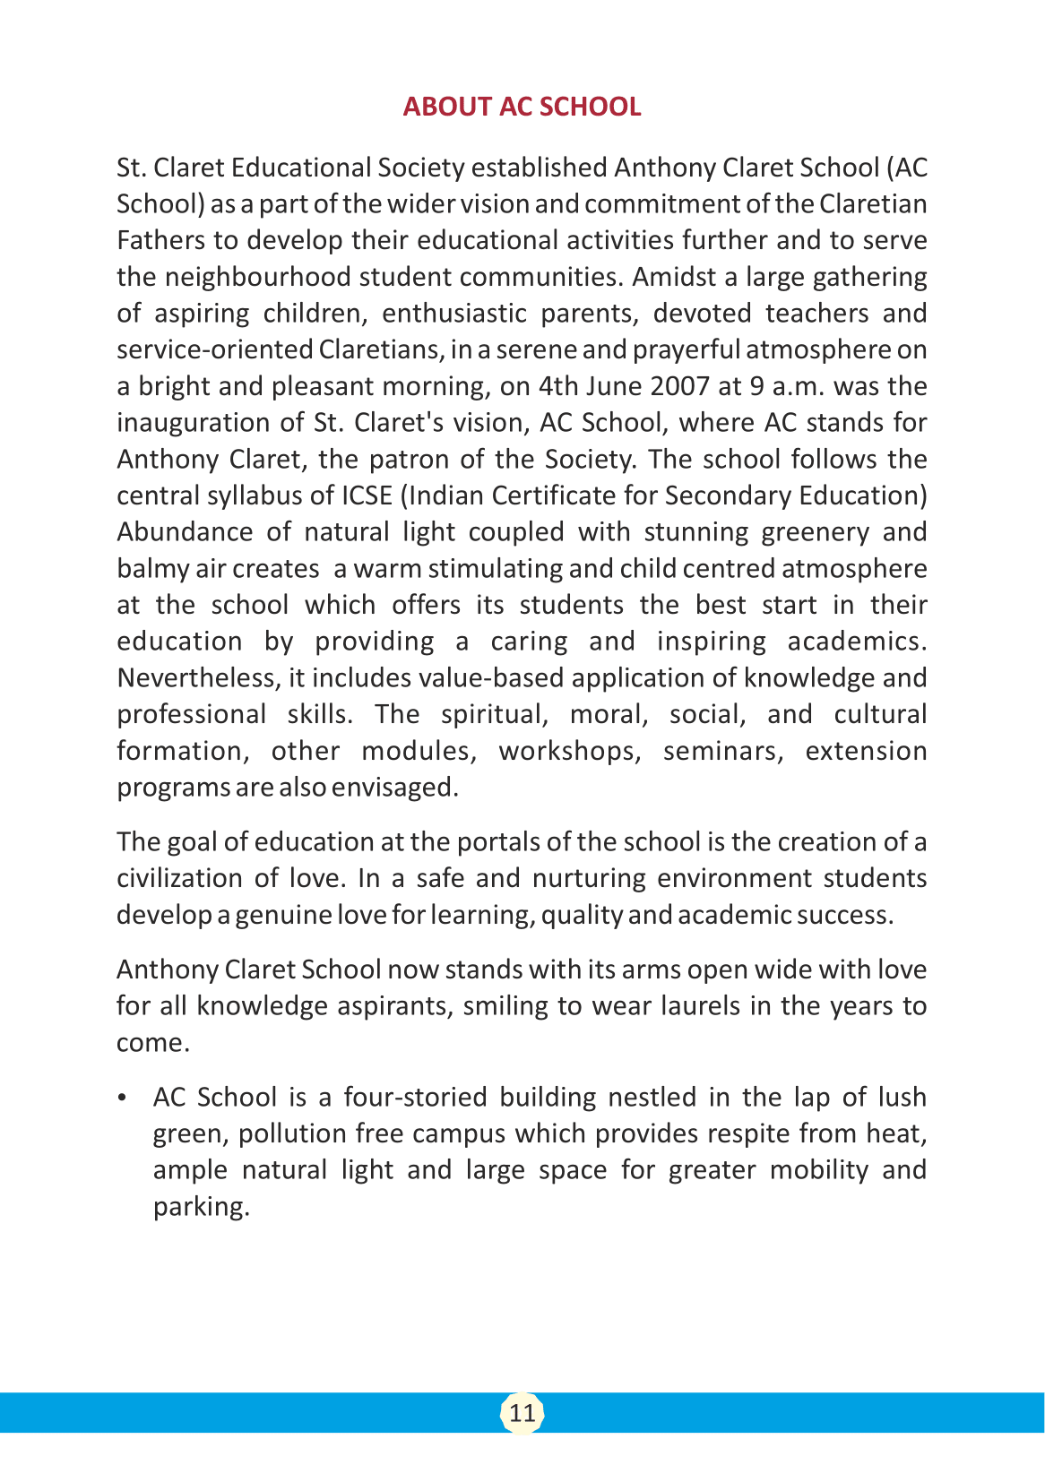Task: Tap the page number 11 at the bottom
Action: click(x=522, y=1413)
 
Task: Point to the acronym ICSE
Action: click(x=367, y=495)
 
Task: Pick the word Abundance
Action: click(x=184, y=532)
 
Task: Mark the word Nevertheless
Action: click(x=197, y=678)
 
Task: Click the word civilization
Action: click(x=179, y=878)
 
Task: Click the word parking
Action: click(x=200, y=1207)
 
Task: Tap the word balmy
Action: click(x=152, y=569)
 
